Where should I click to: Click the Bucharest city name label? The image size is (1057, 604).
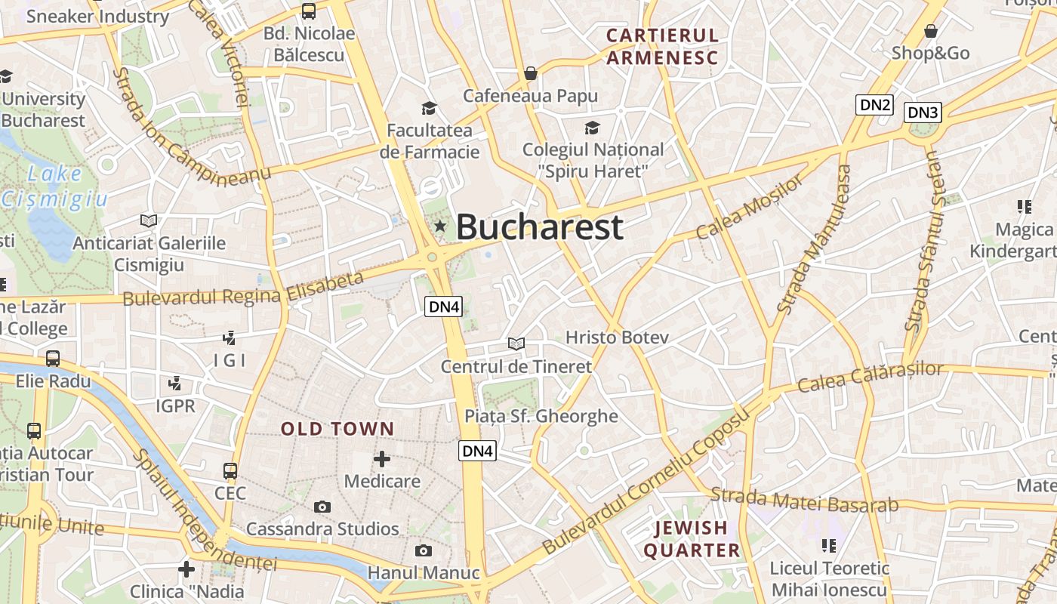click(539, 226)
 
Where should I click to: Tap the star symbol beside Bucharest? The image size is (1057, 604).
click(440, 226)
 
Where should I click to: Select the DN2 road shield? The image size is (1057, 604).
click(874, 105)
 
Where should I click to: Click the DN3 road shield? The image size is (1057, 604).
click(923, 112)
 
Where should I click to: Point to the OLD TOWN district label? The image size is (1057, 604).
click(337, 429)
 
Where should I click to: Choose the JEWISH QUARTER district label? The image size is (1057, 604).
click(692, 539)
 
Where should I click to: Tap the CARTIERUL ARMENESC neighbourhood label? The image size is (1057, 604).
click(662, 46)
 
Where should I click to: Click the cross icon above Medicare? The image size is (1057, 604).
click(382, 458)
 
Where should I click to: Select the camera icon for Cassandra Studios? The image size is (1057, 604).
click(322, 507)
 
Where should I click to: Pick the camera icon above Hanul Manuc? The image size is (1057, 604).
click(424, 550)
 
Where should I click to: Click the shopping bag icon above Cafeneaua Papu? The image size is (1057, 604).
click(531, 73)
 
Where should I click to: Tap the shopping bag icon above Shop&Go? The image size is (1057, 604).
click(930, 31)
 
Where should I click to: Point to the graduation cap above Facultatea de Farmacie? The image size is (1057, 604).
click(429, 108)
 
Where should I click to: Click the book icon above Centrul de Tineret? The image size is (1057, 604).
click(516, 344)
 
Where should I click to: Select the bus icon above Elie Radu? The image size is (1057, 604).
click(53, 359)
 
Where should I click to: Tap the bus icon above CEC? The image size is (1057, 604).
click(230, 471)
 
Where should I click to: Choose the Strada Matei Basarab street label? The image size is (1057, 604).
click(804, 501)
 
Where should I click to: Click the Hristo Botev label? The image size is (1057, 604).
click(617, 337)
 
